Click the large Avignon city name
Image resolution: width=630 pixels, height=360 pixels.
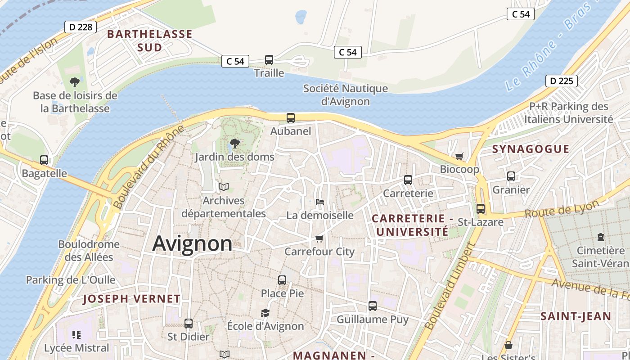192,243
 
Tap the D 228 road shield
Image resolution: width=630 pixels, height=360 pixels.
81,27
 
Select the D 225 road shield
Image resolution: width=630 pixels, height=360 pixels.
562,81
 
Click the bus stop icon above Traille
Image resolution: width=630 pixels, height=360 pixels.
269,59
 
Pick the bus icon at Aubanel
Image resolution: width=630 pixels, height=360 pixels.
291,118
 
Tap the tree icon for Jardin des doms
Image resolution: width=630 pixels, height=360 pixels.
234,144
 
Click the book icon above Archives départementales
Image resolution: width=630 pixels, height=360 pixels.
224,187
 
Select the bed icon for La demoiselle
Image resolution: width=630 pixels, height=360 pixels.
320,202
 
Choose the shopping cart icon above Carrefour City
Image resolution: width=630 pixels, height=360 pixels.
319,238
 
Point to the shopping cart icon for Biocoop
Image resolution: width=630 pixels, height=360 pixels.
459,156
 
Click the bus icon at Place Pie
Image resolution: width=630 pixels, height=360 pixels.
282,280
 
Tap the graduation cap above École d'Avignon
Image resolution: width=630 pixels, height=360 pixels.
265,313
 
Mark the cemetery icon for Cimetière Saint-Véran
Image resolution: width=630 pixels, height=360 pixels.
600,237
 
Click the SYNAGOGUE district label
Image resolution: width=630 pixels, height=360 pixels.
531,149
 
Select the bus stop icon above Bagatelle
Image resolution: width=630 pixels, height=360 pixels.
44,160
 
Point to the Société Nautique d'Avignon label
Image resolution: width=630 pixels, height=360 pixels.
345,94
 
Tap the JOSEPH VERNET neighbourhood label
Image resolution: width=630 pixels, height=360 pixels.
132,299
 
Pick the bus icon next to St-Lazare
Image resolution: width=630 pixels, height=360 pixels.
481,209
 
